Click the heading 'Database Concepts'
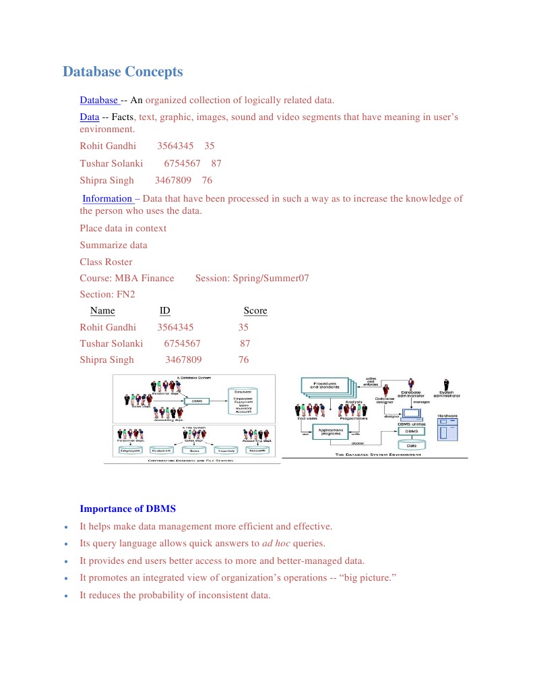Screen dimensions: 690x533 coord(122,71)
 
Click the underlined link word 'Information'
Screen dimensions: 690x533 coord(107,199)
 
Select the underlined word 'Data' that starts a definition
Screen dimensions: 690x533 coord(90,117)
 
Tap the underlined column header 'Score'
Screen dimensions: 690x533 coord(255,311)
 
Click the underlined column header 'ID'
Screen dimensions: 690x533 coord(164,311)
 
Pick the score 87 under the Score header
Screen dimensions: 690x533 coord(245,343)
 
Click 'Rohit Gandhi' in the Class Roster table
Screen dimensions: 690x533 coord(108,327)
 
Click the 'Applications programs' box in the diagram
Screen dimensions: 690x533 coord(331,431)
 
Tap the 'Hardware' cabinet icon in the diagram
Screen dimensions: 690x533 coord(447,429)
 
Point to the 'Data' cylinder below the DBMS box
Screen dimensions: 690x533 coord(410,445)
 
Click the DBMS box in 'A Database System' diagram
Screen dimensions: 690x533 coord(197,401)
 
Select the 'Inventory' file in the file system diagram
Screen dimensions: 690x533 coord(226,450)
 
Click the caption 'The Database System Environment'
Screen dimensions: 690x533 coord(378,455)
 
